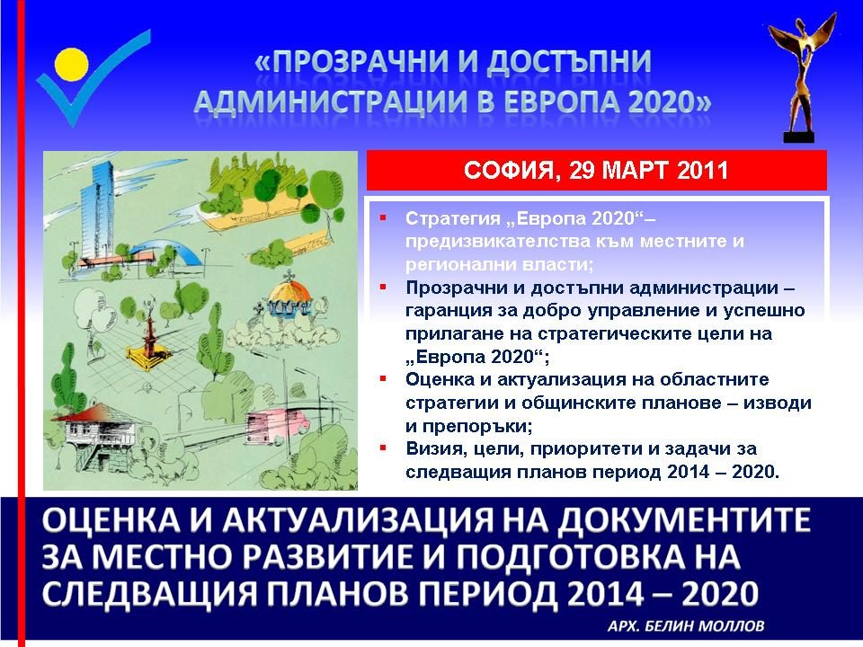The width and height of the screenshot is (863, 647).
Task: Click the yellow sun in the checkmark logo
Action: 72,64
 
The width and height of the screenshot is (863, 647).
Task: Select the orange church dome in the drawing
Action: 289,290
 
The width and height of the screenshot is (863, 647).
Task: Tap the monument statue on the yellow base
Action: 147,335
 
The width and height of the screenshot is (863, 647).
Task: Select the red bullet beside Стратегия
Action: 383,218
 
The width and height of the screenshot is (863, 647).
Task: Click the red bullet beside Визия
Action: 383,448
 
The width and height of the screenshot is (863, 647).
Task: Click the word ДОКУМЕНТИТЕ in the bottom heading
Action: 685,520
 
